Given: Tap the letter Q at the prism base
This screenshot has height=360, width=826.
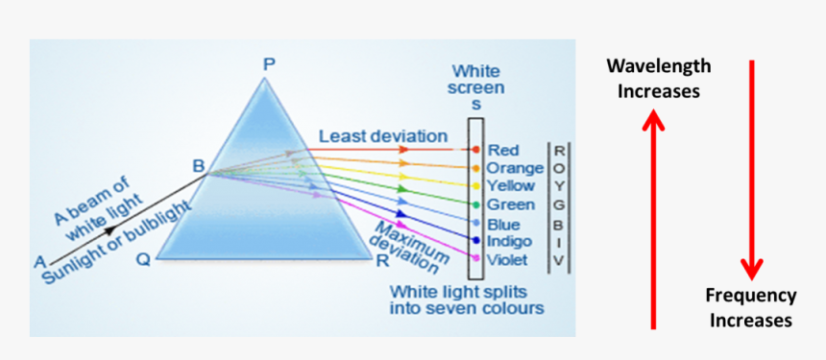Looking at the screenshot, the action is (142, 259).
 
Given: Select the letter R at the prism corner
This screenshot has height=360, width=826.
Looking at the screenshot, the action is (382, 260).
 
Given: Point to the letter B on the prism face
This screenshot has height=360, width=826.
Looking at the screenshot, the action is (198, 166).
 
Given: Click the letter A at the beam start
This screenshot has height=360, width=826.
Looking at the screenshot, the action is (39, 261).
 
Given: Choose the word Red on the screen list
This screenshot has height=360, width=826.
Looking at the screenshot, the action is (503, 151).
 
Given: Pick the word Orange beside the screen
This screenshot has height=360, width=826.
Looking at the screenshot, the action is (516, 168).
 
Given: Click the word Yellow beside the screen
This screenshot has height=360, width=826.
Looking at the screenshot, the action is (511, 186).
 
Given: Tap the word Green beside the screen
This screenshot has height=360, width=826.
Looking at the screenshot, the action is (511, 204).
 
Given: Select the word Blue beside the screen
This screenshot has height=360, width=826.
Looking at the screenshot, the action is (504, 224).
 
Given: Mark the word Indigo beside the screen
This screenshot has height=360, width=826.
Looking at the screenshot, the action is (510, 241).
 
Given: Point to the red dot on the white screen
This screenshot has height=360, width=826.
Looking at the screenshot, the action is (475, 150).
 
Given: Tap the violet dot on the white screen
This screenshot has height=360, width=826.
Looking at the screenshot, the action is (475, 257).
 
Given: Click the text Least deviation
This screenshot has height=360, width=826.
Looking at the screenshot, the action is (383, 135).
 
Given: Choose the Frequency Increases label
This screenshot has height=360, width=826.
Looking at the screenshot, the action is (751, 307).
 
